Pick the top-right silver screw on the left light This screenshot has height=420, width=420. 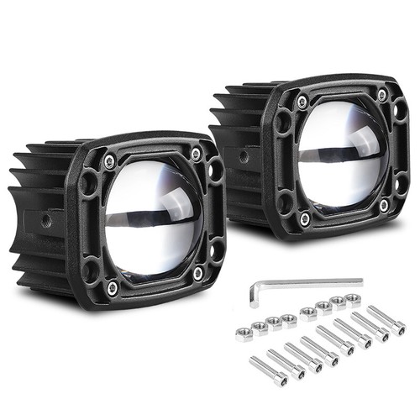click(x=196, y=153)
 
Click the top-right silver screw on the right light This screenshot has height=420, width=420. click(x=382, y=96)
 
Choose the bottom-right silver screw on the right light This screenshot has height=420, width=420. click(x=383, y=204)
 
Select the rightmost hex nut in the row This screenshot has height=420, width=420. click(x=349, y=300)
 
